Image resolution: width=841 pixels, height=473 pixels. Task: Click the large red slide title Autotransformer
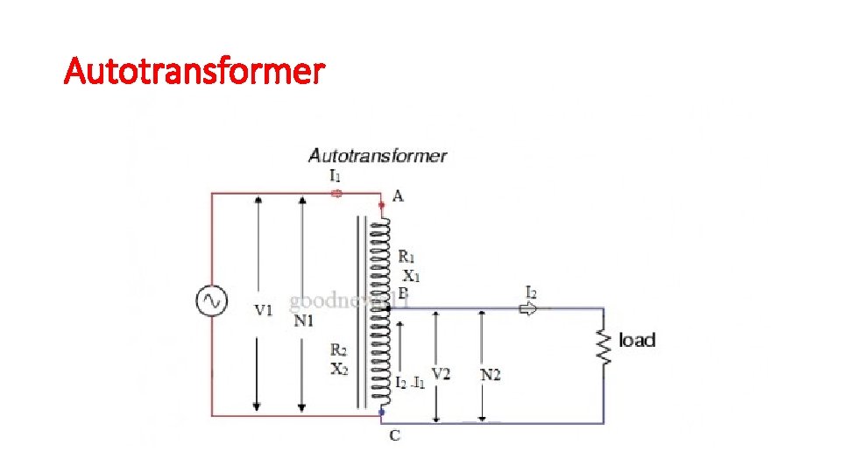[x=194, y=70]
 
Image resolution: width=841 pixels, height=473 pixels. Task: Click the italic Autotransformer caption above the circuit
[x=378, y=157]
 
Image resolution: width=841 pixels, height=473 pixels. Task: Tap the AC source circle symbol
[x=211, y=302]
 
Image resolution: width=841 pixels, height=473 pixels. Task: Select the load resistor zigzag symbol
[x=603, y=345]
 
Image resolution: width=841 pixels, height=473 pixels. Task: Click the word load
[x=637, y=340]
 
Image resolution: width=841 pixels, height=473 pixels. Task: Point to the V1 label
[x=264, y=309]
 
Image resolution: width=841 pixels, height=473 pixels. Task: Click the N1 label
[x=304, y=321]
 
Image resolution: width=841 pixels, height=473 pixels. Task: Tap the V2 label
[x=442, y=374]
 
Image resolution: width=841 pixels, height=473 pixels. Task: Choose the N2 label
[x=491, y=375]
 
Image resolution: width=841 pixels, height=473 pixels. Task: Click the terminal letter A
[x=398, y=196]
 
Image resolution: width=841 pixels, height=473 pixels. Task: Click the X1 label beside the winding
[x=411, y=275]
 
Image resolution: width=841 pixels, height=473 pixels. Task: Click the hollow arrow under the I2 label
[x=529, y=308]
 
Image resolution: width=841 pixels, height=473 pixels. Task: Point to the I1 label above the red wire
[x=336, y=176]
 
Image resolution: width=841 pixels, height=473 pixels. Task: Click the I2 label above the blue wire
[x=532, y=291]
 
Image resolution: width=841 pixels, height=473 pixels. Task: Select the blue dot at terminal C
[x=381, y=412]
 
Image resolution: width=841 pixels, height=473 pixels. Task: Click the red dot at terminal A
[x=381, y=205]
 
